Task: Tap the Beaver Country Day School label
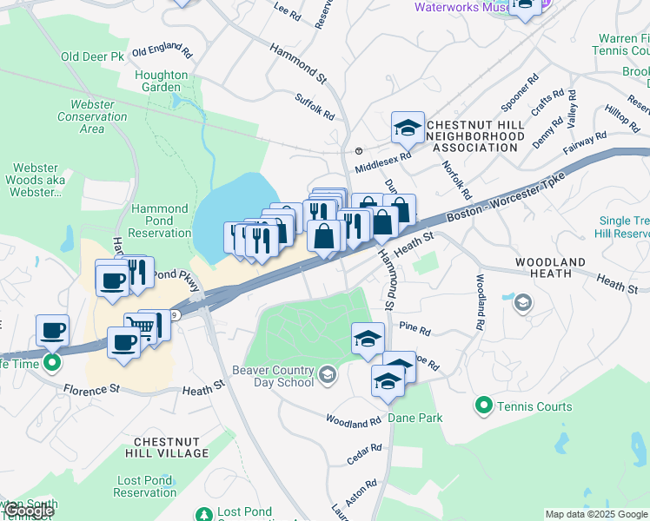point(273,375)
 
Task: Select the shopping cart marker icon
point(145,326)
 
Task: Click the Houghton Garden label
point(162,81)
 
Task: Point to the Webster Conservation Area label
point(86,116)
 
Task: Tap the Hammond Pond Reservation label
point(160,221)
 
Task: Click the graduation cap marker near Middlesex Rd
point(407,129)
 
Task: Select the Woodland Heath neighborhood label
point(555,267)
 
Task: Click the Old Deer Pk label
point(93,56)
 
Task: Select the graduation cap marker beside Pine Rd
point(368,338)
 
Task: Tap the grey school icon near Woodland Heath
point(522,301)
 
